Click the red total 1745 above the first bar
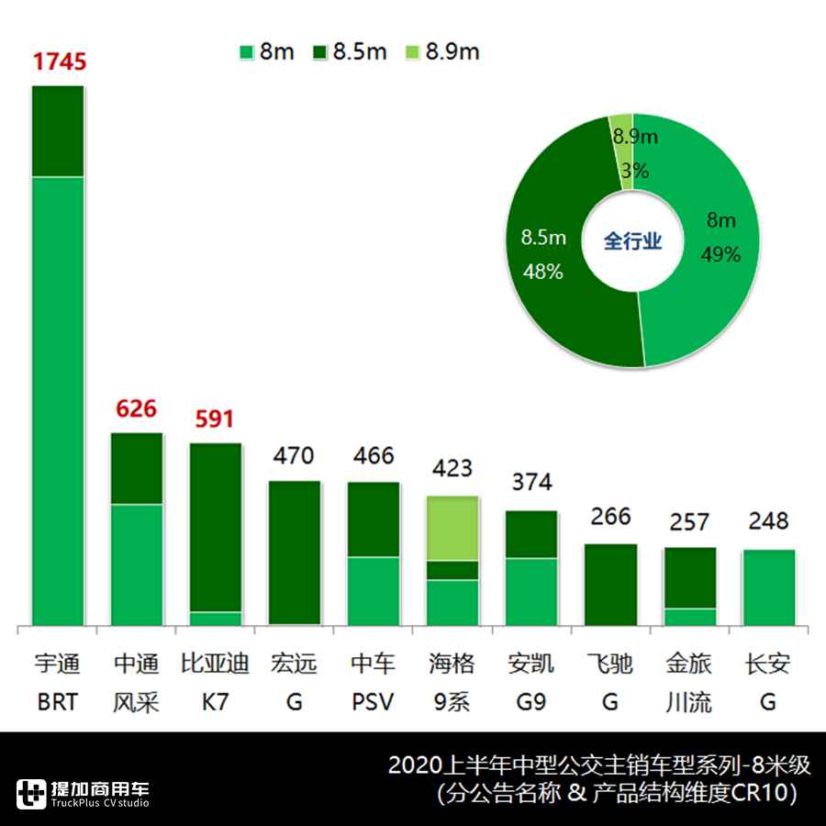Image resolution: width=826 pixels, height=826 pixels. (x=59, y=62)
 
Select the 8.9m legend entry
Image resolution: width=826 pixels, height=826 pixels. (x=442, y=51)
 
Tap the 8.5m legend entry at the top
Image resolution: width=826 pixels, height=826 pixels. (x=350, y=51)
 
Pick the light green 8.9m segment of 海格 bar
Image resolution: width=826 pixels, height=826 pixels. (x=452, y=528)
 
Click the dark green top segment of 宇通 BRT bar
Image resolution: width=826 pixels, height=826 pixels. (x=58, y=131)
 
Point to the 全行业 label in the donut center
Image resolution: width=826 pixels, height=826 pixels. (x=632, y=240)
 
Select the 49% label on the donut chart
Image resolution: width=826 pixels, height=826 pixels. (x=720, y=254)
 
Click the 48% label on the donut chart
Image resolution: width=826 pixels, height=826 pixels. (x=542, y=272)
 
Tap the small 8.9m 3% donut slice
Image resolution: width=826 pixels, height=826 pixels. (x=621, y=152)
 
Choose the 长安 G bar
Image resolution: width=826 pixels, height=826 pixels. (x=768, y=587)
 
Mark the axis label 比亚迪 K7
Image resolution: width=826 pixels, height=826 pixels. (x=216, y=683)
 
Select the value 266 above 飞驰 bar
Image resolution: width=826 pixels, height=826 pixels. (x=610, y=516)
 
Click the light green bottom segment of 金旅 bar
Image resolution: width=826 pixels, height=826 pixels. (x=689, y=617)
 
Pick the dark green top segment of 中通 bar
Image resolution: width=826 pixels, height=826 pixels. (x=137, y=468)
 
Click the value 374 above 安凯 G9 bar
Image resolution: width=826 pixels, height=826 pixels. (x=531, y=483)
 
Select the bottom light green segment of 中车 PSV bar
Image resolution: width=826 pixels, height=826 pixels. (x=374, y=591)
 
